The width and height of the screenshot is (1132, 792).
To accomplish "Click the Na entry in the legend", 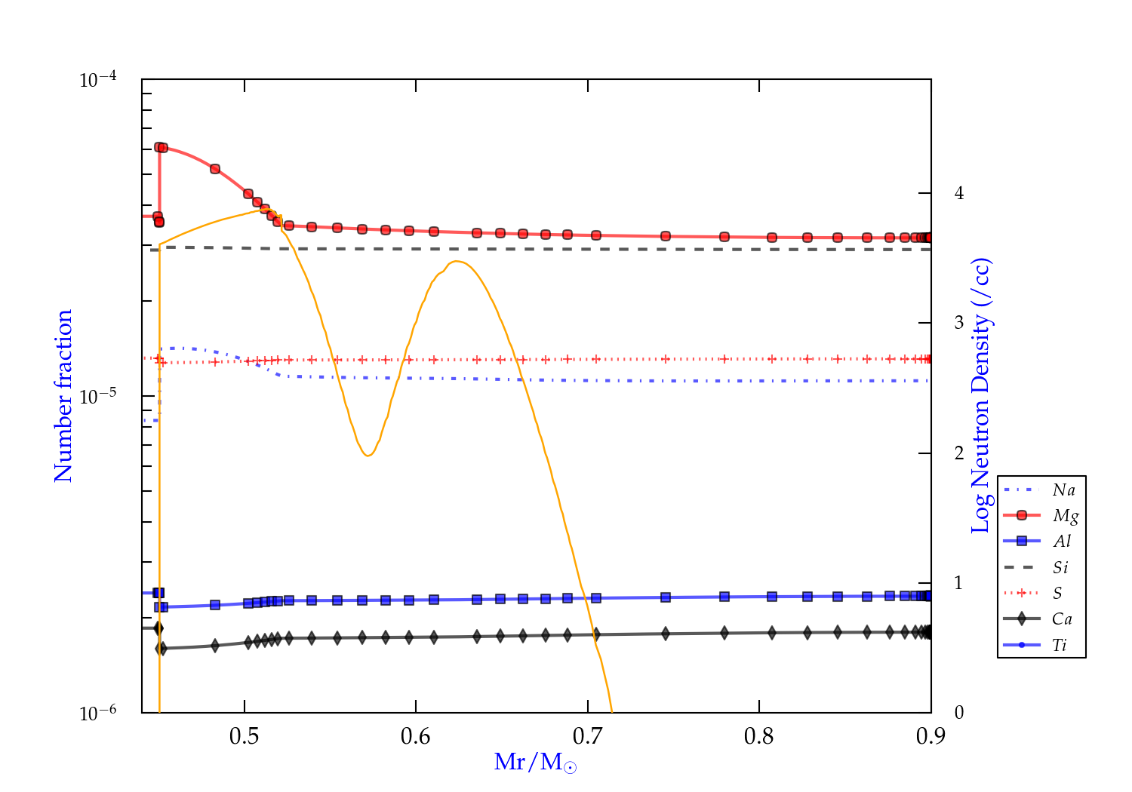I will click(1063, 490).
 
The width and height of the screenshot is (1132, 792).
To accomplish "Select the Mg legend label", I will click(1065, 516).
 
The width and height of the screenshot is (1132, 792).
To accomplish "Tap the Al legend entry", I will click(1063, 542).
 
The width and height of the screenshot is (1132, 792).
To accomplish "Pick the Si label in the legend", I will click(1060, 567).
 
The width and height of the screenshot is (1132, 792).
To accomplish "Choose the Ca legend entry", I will click(1062, 619).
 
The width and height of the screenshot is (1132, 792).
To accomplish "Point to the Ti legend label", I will click(1060, 645).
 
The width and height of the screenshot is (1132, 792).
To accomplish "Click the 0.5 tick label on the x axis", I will click(244, 736).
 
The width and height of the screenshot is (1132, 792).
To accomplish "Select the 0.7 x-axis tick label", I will click(587, 736).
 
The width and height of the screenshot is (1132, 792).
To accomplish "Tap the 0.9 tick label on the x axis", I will click(931, 736).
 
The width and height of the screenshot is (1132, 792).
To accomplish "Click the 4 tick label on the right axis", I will click(959, 193).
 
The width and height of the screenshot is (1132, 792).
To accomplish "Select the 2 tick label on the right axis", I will click(959, 453).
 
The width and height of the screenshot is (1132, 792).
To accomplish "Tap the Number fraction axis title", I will click(63, 396).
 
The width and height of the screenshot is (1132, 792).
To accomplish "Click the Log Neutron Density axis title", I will click(981, 396).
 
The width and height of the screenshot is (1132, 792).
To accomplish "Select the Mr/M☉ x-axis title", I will click(536, 763).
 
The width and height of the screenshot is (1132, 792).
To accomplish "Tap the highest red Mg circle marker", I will click(159, 147).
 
